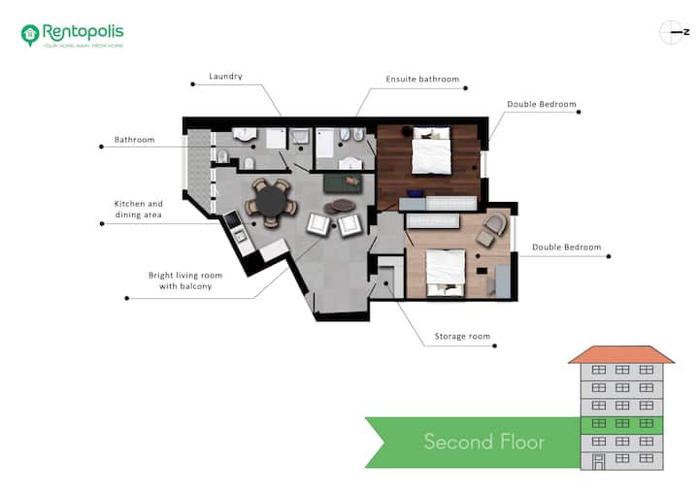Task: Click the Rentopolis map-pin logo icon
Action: [30, 35]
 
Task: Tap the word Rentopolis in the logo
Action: [83, 32]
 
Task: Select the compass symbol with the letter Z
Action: [674, 32]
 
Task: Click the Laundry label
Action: [225, 77]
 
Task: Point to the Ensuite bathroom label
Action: [422, 79]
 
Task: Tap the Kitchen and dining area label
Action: [139, 209]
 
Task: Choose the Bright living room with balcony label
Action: [185, 280]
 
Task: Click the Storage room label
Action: [462, 336]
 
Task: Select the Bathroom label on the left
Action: [134, 140]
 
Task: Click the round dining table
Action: [271, 203]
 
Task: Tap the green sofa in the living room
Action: [343, 183]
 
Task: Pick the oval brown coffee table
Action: [344, 205]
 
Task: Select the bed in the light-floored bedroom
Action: [446, 273]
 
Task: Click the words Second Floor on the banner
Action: [484, 442]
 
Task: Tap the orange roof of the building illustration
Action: [621, 354]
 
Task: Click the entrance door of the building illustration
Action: [598, 462]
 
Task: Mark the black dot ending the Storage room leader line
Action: [494, 346]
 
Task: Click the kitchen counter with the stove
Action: [239, 232]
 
